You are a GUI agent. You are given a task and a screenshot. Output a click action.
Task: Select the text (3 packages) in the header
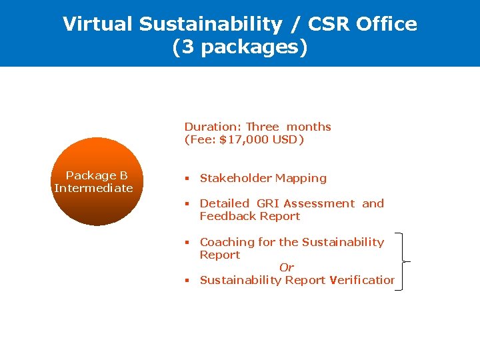point(240,48)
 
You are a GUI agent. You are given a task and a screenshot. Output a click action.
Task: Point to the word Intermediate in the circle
point(94,188)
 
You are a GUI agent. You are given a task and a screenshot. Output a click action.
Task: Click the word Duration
point(212,127)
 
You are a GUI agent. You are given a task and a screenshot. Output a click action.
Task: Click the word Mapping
point(301,178)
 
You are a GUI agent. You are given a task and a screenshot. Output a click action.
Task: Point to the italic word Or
point(287,267)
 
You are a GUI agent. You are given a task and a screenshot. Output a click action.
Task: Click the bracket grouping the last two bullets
point(401,261)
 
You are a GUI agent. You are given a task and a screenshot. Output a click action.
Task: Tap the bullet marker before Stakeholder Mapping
point(187,179)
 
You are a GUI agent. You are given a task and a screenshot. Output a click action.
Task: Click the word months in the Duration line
point(309,127)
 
